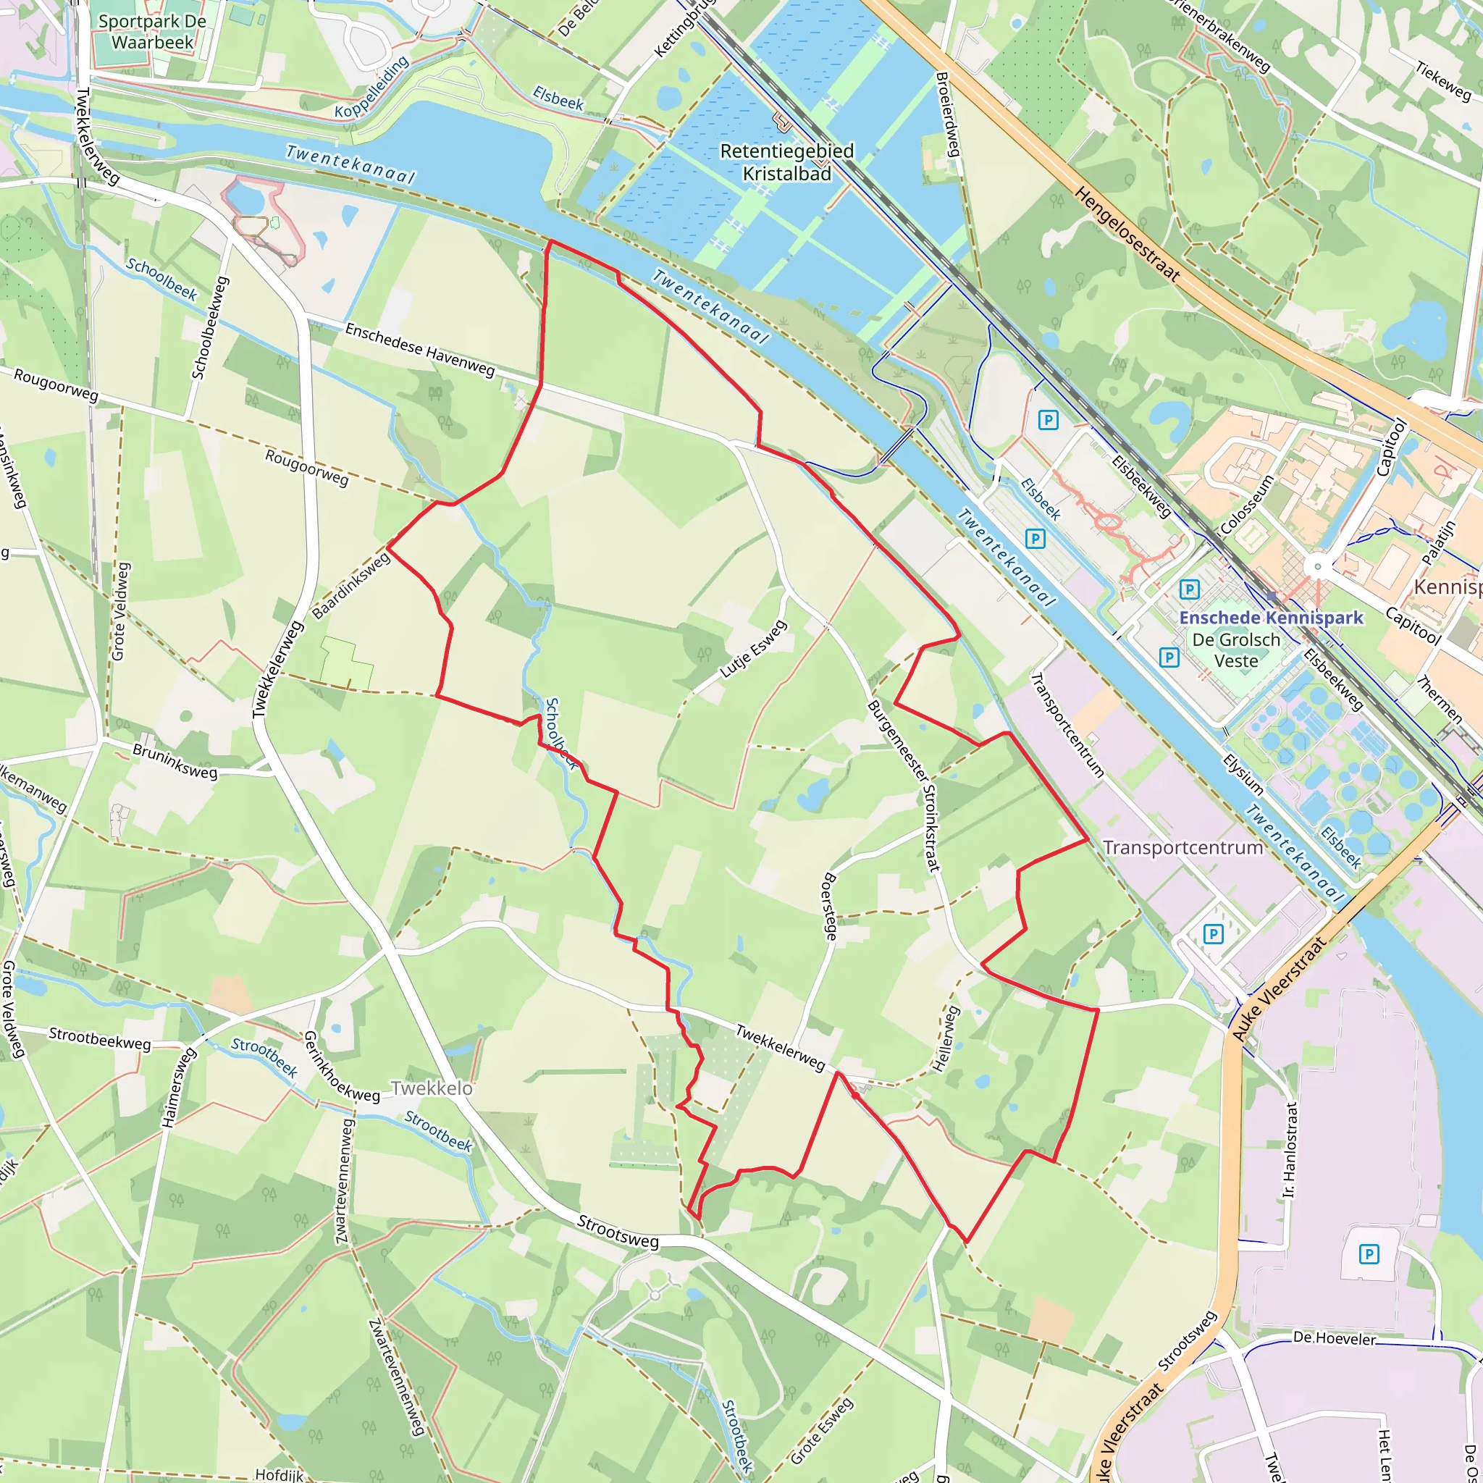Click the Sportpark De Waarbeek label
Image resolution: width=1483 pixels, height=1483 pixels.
pos(152,31)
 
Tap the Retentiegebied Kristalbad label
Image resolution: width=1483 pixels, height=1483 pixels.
pos(787,162)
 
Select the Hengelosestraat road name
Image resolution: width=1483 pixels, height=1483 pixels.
pos(1126,233)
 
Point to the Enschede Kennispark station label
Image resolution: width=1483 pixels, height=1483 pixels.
pos(1271,618)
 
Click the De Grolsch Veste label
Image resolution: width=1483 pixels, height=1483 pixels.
pos(1236,650)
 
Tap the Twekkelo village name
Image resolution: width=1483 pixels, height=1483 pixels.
pos(432,1088)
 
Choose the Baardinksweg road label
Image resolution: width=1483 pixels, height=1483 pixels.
pos(351,587)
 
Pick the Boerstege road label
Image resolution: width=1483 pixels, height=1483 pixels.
pos(829,906)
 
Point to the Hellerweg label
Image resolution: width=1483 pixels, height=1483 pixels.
pos(946,1038)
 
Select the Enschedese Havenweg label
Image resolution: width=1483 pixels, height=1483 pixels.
pos(420,349)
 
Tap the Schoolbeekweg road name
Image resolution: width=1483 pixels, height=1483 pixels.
pos(209,328)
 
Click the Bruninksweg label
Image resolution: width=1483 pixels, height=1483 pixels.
pos(175,761)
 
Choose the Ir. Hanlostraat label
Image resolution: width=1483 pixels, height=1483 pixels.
pos(1290,1150)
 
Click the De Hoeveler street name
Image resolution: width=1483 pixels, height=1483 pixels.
pos(1334,1339)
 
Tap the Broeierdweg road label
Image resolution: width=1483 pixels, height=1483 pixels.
pos(949,114)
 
